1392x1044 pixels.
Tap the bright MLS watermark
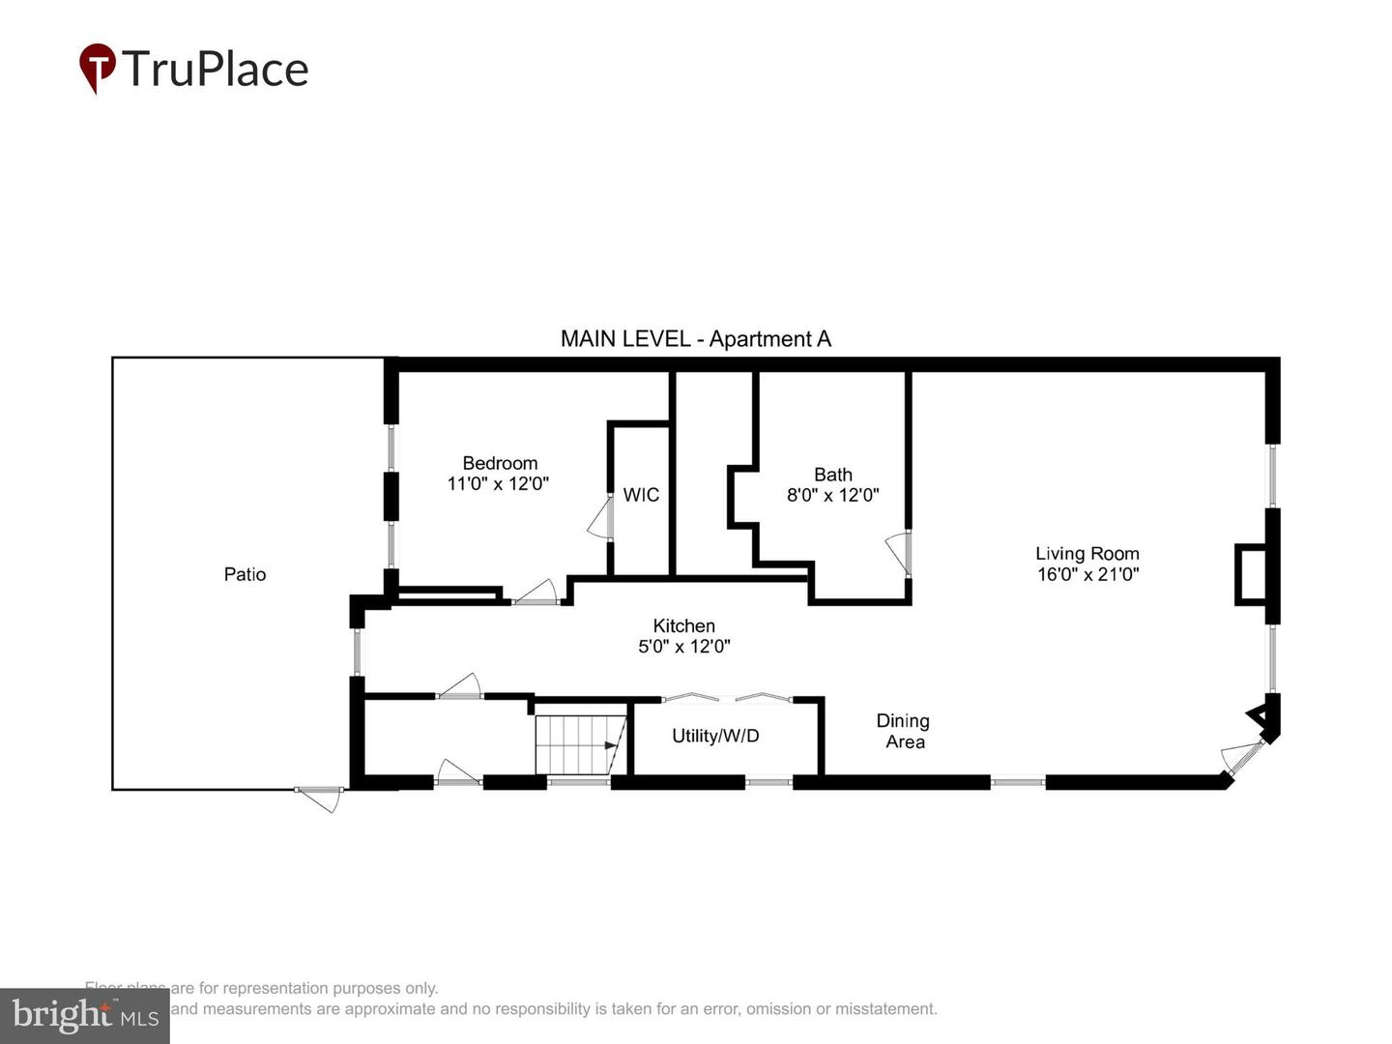[85, 1015]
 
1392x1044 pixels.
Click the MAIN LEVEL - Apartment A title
[695, 338]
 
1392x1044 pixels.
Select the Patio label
[245, 574]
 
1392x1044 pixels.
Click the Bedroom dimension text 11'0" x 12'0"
[498, 484]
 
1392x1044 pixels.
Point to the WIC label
[641, 495]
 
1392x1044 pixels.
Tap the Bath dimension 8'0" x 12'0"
[832, 496]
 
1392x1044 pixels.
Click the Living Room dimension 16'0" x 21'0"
[1087, 574]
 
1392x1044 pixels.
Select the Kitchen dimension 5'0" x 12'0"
[683, 647]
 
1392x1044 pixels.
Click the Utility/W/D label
[715, 736]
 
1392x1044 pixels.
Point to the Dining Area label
[903, 731]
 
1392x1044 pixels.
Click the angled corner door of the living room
[1243, 758]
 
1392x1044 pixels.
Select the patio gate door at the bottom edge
[319, 797]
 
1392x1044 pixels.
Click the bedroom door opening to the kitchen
[536, 594]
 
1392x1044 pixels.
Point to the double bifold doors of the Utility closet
[727, 697]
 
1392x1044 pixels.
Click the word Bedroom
[500, 463]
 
